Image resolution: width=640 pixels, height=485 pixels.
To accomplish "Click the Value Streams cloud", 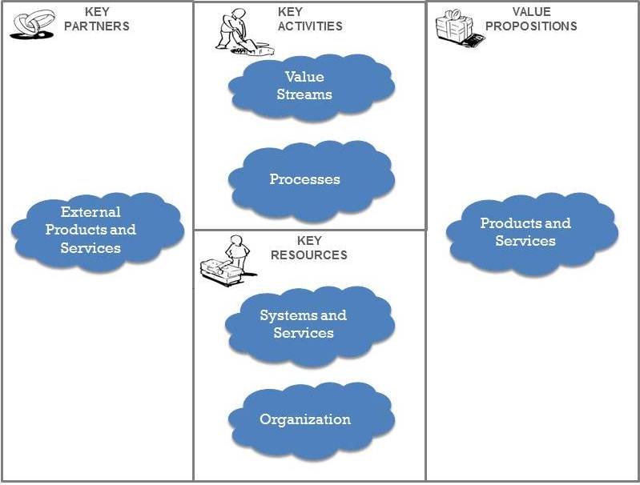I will tap(311, 86).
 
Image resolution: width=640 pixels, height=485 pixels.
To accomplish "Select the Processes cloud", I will tap(310, 178).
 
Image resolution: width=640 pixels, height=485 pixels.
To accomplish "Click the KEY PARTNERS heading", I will tap(107, 19).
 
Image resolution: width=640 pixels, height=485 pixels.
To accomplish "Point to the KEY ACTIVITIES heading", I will tap(309, 19).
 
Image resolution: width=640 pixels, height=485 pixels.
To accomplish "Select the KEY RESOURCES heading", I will tap(308, 247).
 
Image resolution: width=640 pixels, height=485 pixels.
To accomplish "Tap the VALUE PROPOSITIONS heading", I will tap(531, 18).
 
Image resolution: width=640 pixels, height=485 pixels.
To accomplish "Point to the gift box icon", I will tap(454, 26).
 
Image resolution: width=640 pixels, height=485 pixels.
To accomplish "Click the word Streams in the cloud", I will tap(304, 94).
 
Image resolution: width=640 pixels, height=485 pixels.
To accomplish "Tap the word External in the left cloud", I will tap(91, 212).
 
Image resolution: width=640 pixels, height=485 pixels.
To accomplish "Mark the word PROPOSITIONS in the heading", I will tap(531, 26).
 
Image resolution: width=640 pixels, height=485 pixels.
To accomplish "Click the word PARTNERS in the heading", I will tap(107, 26).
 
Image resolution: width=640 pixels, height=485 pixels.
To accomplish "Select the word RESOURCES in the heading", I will tap(308, 255).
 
